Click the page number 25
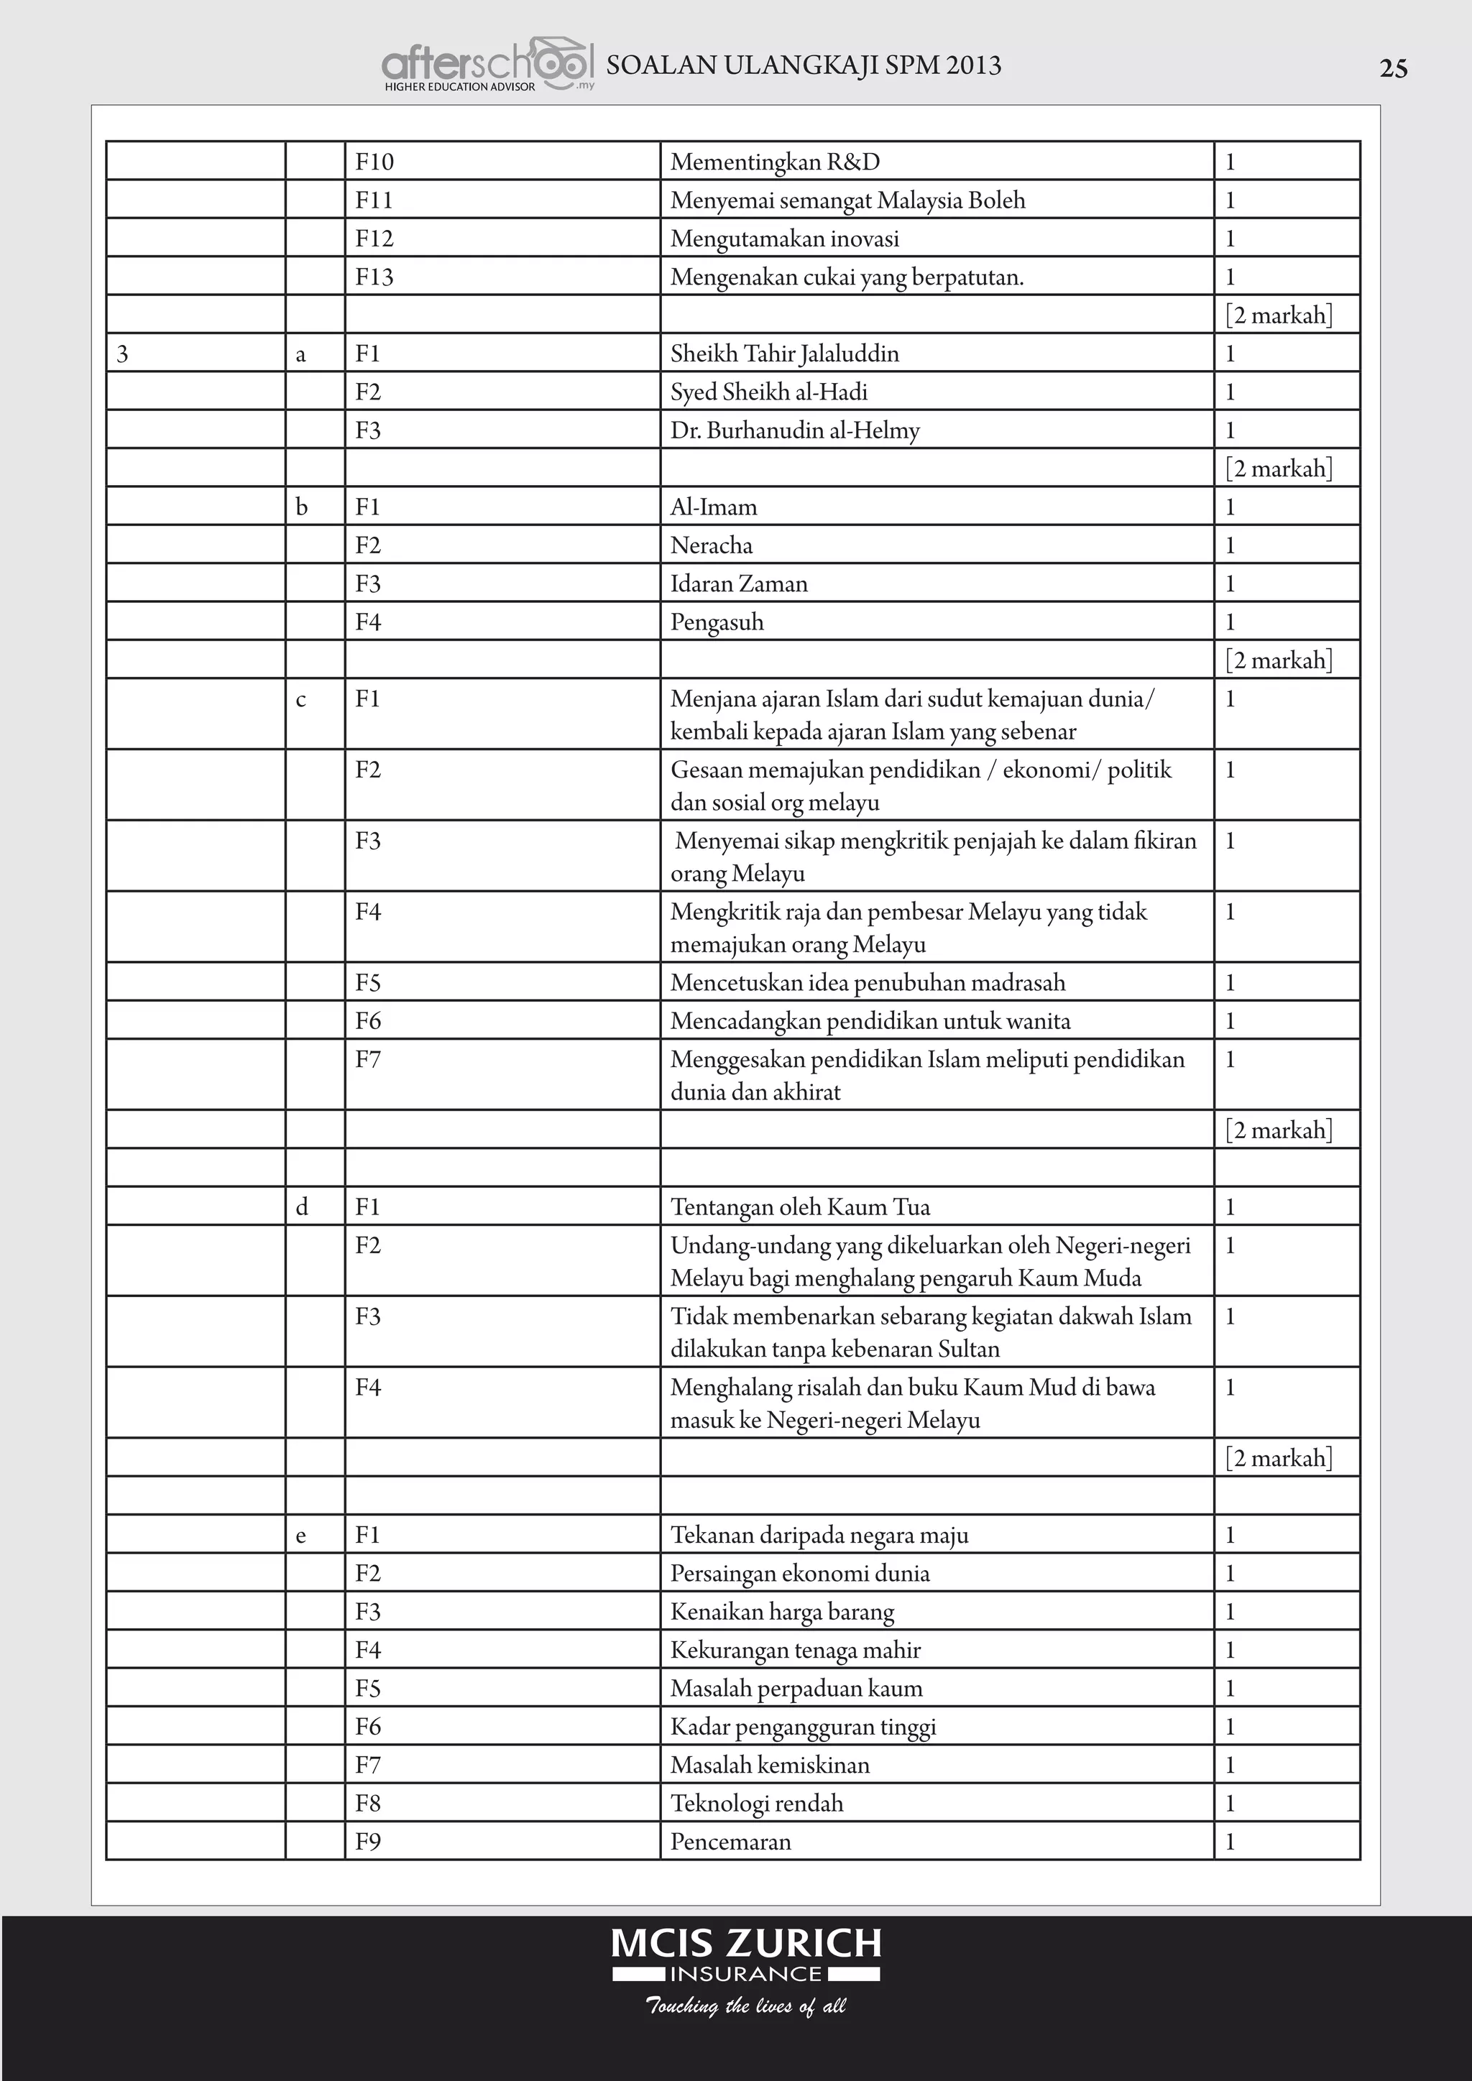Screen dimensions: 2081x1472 1393,69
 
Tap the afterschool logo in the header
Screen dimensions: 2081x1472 487,65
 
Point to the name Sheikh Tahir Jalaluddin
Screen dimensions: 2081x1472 784,354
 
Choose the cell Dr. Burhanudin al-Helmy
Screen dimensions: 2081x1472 795,430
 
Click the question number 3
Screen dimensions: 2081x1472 122,354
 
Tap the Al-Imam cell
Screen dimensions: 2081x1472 713,507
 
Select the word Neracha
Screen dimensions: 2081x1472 712,545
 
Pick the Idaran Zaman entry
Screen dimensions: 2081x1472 739,583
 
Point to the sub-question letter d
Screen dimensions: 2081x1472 302,1207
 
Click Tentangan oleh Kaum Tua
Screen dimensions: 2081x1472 801,1207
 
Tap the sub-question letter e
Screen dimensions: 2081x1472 301,1536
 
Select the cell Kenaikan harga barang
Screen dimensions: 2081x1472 782,1612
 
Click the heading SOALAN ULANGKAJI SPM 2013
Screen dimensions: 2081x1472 803,65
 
